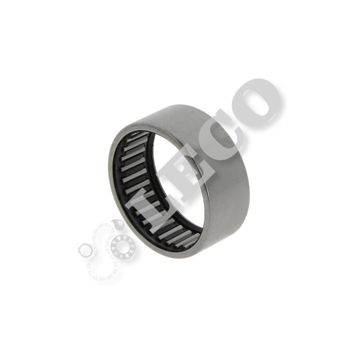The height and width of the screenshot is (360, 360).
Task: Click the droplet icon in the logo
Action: [x=117, y=224]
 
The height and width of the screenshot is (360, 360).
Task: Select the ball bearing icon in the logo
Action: [x=121, y=246]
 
